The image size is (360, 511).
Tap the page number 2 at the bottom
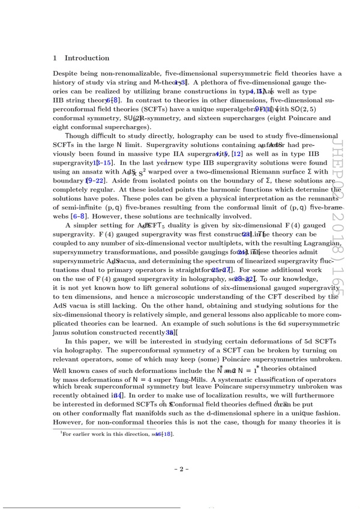point(179,469)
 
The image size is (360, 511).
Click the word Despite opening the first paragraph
point(66,73)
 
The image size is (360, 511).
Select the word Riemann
point(256,172)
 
